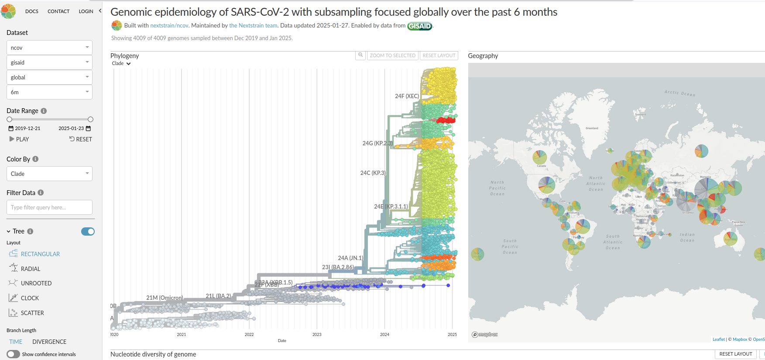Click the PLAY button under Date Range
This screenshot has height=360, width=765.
pos(19,139)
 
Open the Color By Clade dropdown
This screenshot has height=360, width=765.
pos(49,174)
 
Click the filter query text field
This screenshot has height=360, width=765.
pos(49,207)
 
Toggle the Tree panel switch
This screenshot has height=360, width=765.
pos(88,231)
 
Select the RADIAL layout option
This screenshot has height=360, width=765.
pos(30,269)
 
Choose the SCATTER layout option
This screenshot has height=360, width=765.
pos(32,313)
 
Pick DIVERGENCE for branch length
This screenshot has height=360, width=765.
pos(49,342)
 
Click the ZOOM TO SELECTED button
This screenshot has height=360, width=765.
pos(392,55)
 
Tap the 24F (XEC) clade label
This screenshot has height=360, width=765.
pos(407,96)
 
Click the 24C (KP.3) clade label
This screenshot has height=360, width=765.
pos(373,173)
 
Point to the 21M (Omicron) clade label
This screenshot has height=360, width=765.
pos(165,298)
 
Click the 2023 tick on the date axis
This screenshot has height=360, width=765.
pos(317,335)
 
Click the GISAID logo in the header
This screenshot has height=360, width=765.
pos(419,26)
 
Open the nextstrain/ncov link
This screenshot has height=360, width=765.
pos(169,26)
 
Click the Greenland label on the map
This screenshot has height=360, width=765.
pos(592,128)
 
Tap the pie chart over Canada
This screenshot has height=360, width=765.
pos(540,157)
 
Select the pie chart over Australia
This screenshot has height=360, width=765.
pos(730,239)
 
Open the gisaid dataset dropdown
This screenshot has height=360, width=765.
pos(49,62)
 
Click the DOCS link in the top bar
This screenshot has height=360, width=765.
pos(32,11)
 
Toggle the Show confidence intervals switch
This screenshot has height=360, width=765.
pos(14,354)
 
